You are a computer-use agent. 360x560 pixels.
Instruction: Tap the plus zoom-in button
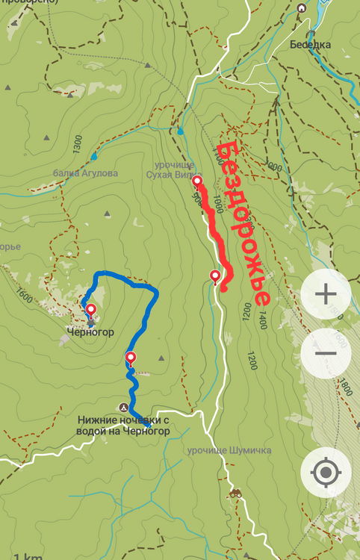(326, 293)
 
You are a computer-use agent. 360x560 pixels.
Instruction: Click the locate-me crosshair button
(326, 472)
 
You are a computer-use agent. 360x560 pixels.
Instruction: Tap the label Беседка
(311, 44)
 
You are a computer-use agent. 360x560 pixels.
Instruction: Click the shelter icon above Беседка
(302, 8)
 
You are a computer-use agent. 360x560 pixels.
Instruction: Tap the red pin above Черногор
(90, 310)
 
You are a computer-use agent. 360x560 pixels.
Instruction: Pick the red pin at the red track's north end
(197, 181)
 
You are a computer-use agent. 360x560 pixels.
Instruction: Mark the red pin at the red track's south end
(216, 276)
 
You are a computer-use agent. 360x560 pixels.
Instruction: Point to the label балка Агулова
(85, 172)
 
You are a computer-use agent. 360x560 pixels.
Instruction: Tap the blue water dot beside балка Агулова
(94, 157)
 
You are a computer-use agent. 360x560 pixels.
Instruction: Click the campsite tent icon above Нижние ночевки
(124, 407)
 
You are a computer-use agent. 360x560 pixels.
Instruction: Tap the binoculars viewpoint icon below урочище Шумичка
(236, 493)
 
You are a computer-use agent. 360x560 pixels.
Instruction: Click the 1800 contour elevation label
(343, 388)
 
